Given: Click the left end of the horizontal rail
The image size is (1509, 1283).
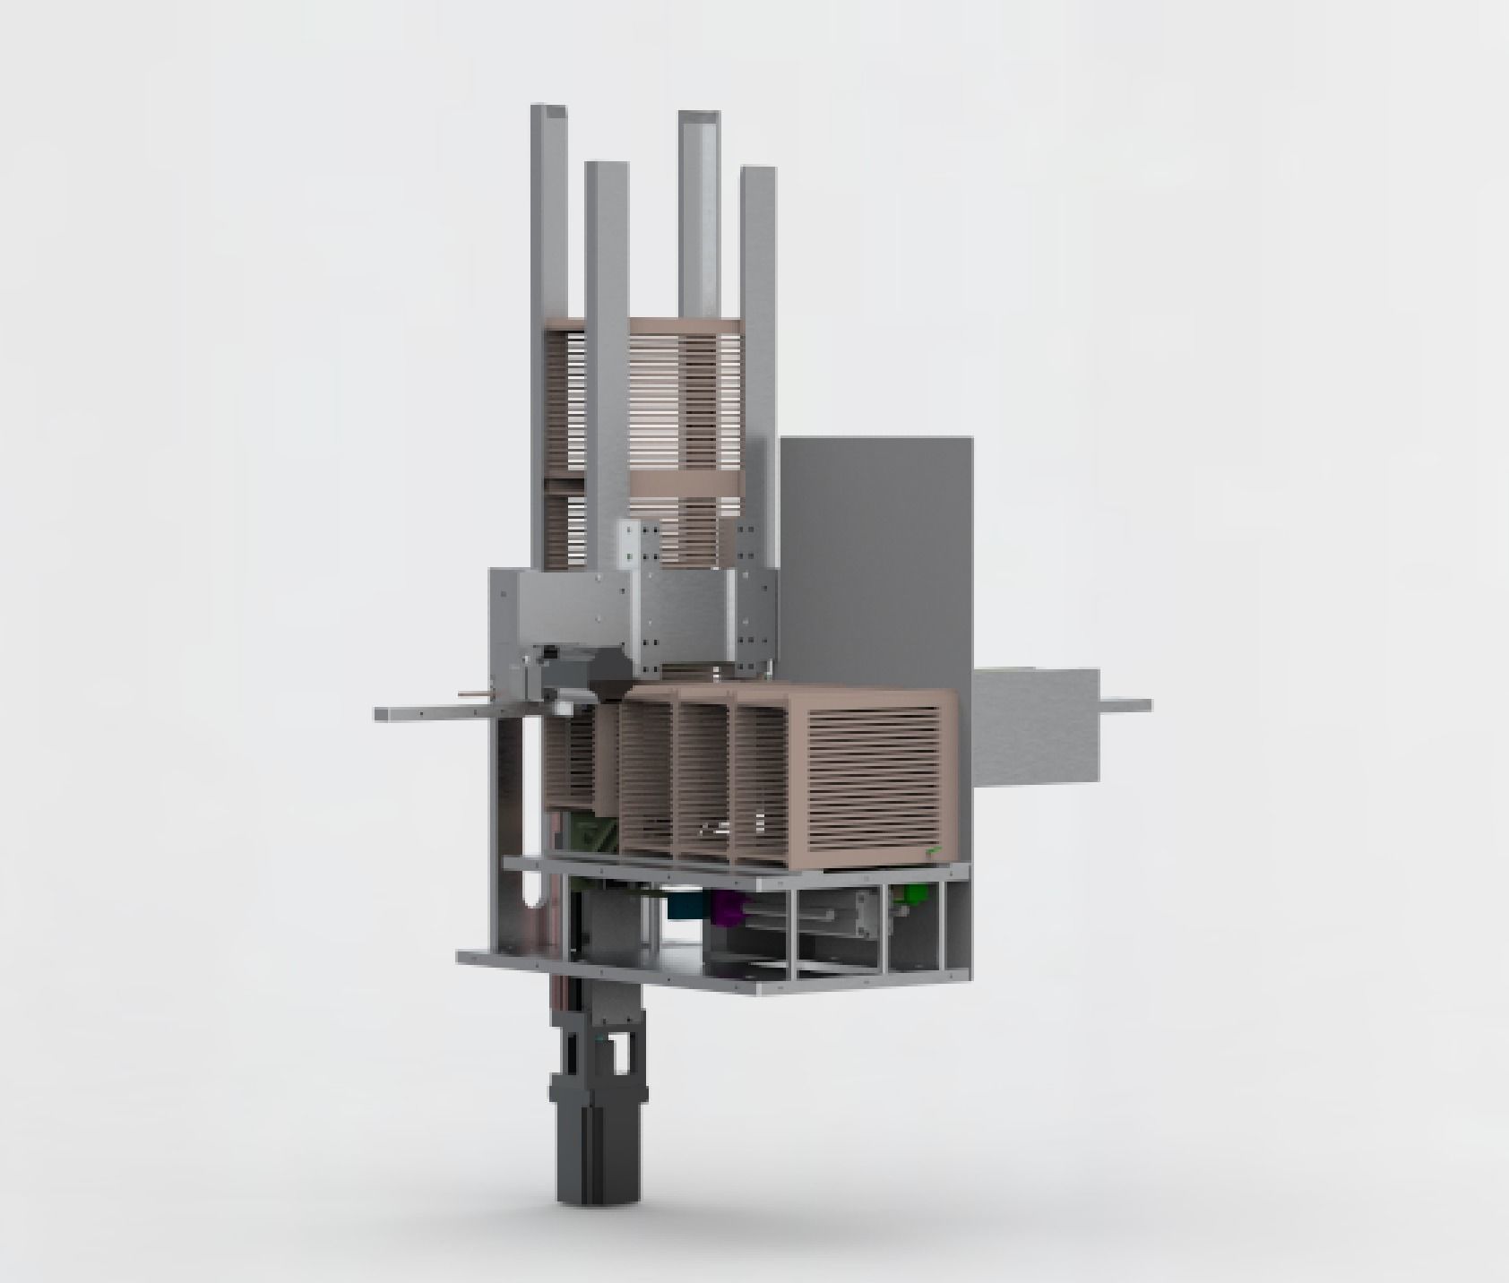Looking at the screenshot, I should pos(382,714).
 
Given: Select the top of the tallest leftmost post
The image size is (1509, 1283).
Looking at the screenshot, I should pos(548,110).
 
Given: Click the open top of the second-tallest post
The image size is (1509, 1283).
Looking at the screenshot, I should pos(699,117).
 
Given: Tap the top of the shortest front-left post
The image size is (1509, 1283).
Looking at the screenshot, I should pos(606,167).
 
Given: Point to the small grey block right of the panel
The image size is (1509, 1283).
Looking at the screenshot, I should pos(1035,726).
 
